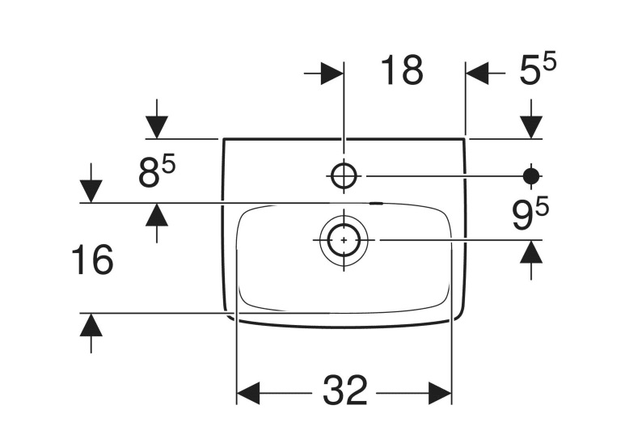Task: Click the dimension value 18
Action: click(402, 70)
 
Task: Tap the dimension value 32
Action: click(344, 390)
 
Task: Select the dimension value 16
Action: click(92, 260)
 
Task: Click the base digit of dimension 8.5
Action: click(148, 173)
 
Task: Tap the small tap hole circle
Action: click(344, 176)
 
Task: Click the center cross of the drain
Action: click(344, 240)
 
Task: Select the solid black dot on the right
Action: click(531, 176)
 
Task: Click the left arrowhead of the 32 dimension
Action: click(248, 393)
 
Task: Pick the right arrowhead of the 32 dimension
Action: click(440, 393)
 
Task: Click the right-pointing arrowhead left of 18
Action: click(332, 74)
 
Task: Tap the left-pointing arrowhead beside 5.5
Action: click(477, 74)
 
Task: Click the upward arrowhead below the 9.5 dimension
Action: click(531, 251)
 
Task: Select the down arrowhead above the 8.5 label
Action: click(157, 128)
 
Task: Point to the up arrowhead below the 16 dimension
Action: click(91, 325)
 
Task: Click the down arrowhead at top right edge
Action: click(531, 128)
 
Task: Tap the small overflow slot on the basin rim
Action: click(376, 203)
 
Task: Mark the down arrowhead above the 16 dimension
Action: click(91, 192)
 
